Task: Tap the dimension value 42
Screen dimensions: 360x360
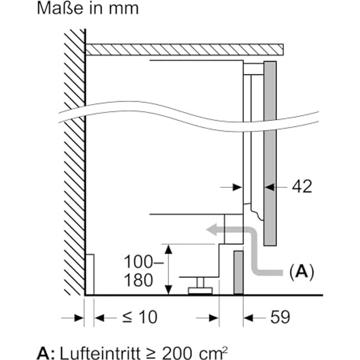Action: (301, 187)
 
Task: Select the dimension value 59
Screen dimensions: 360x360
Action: (279, 318)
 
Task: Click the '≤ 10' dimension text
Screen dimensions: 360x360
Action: (139, 318)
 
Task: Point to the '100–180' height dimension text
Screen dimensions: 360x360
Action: (138, 271)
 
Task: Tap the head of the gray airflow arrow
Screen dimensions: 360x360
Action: (211, 228)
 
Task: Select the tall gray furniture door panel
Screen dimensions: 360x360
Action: (270, 153)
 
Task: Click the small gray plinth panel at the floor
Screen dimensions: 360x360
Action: (238, 272)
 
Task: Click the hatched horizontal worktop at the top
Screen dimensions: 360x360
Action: (184, 49)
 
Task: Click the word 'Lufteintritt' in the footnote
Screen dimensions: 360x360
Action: (100, 352)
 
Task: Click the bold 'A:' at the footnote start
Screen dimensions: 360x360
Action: (46, 352)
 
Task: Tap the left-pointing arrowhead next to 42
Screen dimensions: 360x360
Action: (270, 187)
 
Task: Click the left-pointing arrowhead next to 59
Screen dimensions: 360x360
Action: (248, 318)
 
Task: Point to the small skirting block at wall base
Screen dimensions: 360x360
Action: (90, 274)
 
